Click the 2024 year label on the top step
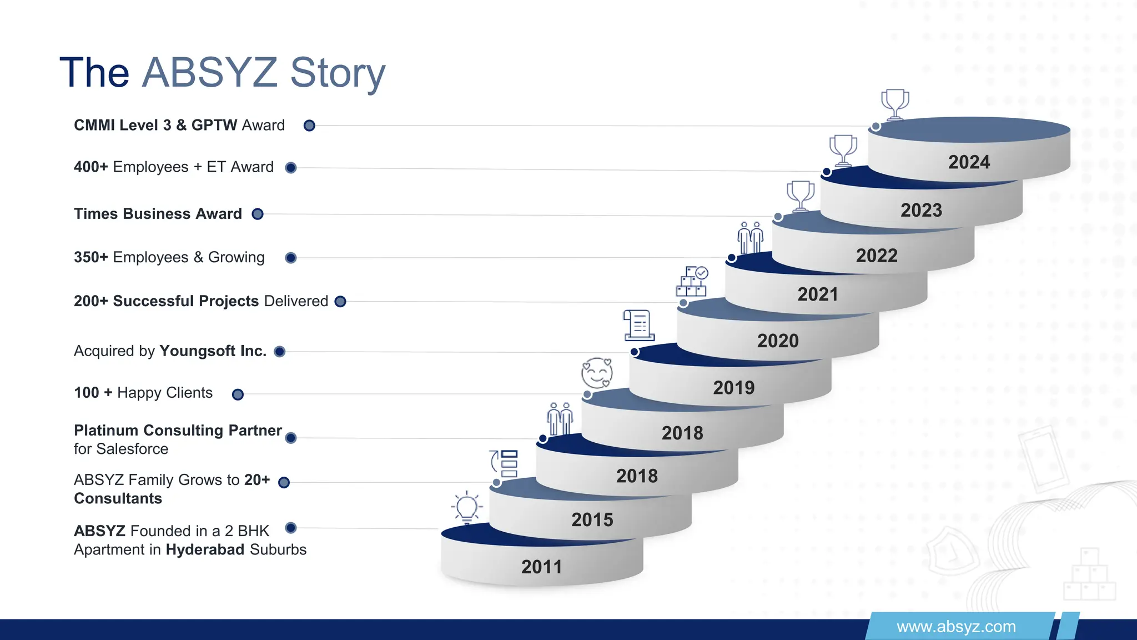coord(969,162)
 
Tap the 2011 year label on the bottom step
coord(541,567)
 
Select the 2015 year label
coord(592,519)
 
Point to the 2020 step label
coord(778,341)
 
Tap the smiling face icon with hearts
coord(597,373)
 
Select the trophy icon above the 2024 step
coord(895,104)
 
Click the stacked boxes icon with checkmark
coord(691,282)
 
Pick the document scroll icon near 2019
coord(638,325)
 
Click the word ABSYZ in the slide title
coord(209,72)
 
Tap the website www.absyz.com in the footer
coord(956,627)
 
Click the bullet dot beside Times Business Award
coord(258,214)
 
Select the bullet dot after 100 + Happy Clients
coord(238,394)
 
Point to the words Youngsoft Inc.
coord(213,351)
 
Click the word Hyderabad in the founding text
coord(205,549)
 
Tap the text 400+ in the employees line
coord(90,167)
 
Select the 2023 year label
coord(921,210)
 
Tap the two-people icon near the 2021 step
coord(750,238)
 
